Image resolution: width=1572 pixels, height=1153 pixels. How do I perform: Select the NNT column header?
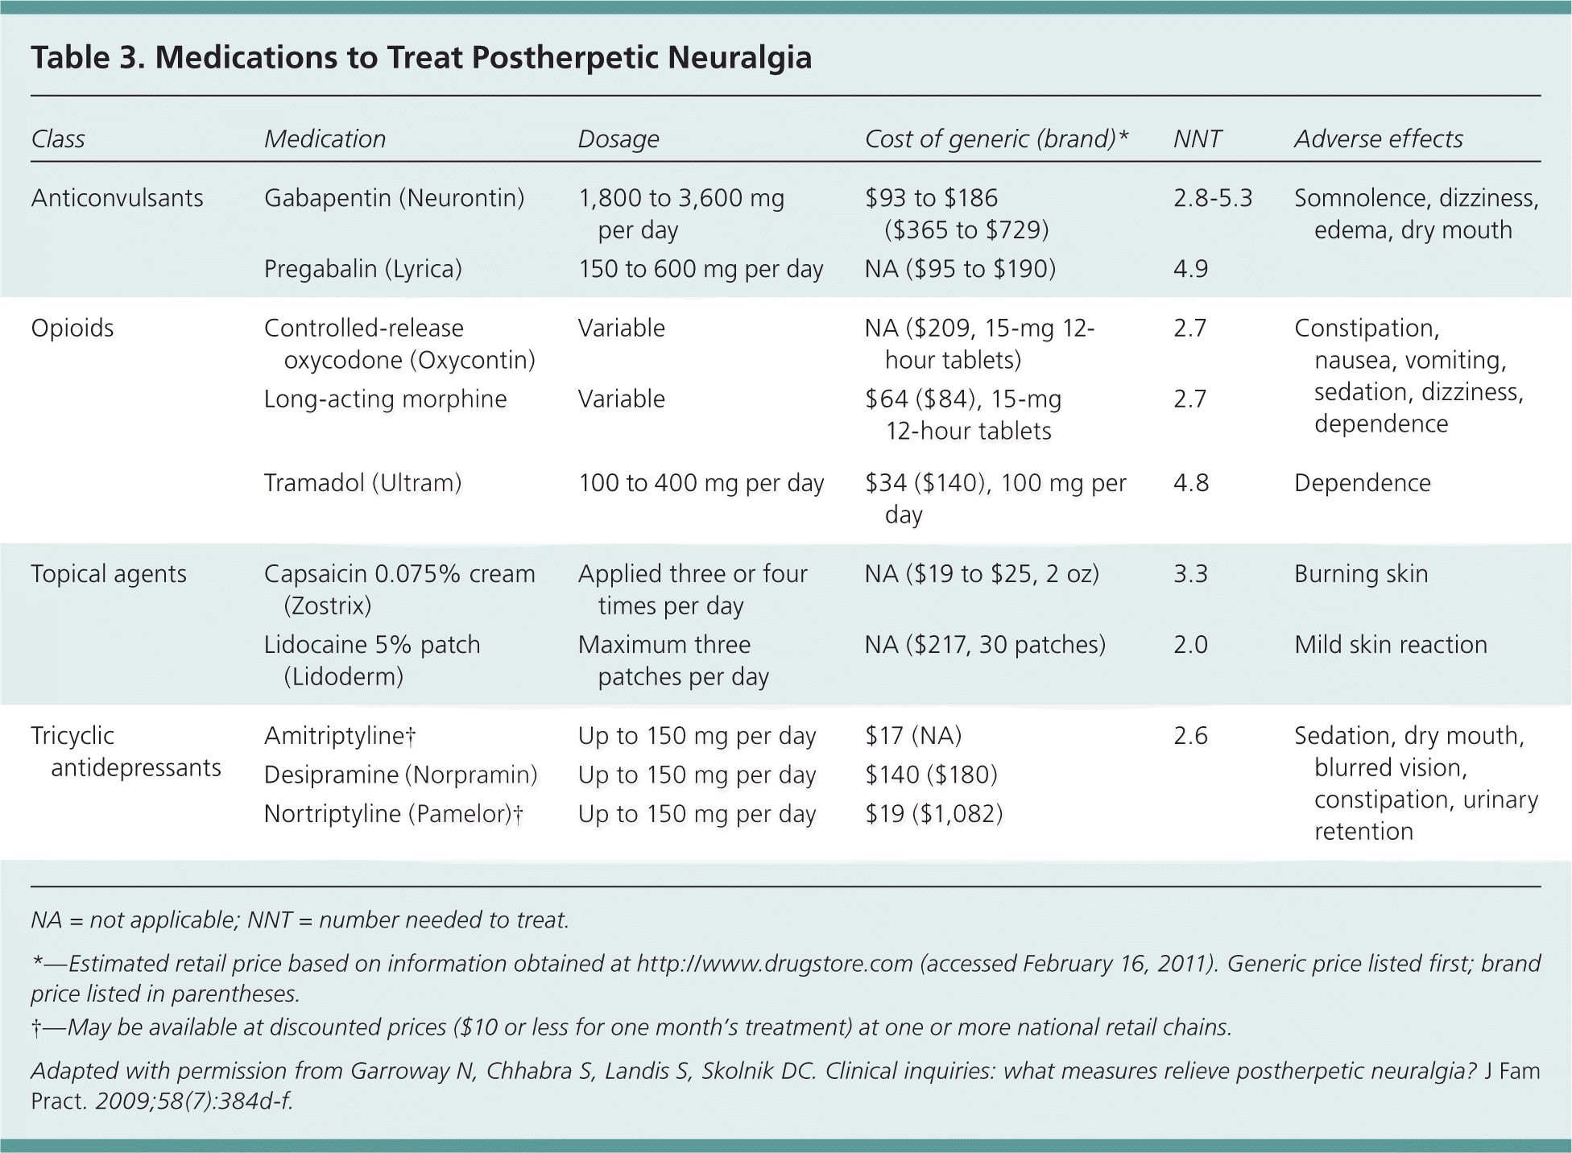pos(1197,138)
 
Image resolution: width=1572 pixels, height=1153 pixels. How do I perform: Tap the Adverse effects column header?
pos(1378,138)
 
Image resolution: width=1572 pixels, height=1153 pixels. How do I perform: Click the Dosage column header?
pos(618,138)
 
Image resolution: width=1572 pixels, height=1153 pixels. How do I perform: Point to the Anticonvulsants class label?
pos(117,198)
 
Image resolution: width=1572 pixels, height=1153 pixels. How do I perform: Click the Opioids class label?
pos(72,328)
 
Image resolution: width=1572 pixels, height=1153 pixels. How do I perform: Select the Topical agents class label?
pos(109,574)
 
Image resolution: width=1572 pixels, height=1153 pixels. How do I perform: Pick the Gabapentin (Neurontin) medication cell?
pos(394,198)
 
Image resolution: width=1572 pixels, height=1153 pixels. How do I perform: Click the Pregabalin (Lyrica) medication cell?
pos(362,269)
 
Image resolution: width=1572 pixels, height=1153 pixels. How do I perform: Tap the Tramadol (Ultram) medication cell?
pos(362,483)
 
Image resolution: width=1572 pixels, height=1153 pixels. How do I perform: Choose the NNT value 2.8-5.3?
pos(1212,198)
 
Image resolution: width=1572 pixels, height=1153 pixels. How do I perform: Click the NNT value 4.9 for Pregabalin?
pos(1190,269)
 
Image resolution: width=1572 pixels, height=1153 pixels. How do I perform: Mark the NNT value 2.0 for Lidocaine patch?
pos(1190,645)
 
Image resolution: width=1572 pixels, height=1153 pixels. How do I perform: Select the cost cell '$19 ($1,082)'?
pos(933,814)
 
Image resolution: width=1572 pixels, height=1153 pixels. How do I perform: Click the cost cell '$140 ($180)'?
pos(931,775)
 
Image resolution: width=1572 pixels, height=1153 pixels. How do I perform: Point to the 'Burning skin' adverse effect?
pos(1361,574)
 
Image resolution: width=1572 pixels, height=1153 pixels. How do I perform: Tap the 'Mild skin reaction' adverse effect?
pos(1390,645)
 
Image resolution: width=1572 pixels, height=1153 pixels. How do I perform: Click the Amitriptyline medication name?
pos(339,736)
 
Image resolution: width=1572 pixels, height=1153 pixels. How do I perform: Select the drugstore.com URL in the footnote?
pos(774,964)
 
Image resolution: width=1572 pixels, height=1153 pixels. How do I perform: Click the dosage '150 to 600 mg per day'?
pos(700,269)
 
